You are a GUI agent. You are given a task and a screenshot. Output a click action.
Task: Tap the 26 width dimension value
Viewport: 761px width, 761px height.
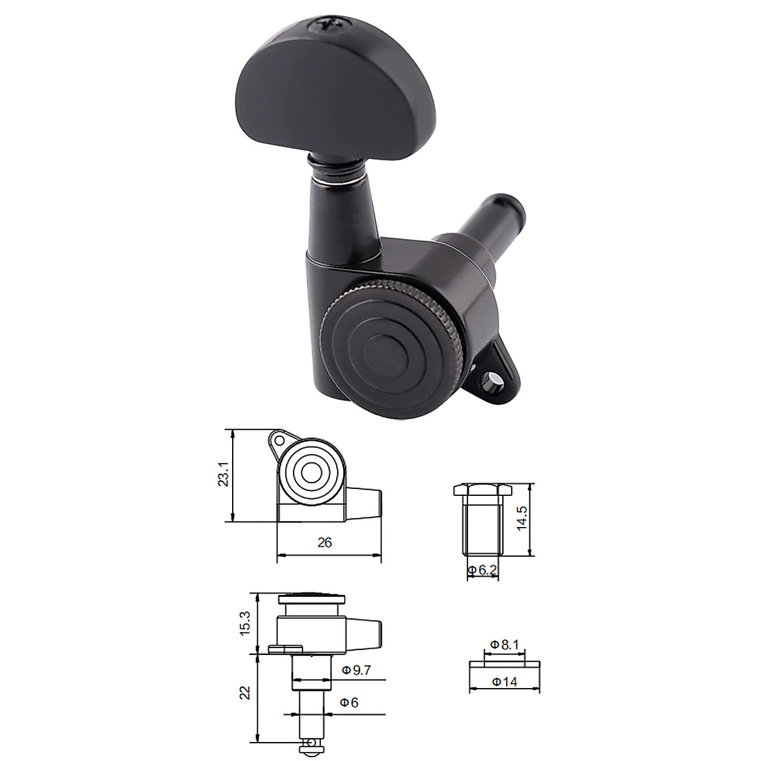pyautogui.click(x=325, y=543)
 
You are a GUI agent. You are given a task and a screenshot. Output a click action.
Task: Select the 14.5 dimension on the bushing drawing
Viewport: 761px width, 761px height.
pyautogui.click(x=521, y=519)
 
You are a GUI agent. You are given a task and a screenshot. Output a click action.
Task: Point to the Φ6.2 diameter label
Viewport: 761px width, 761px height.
pyautogui.click(x=482, y=571)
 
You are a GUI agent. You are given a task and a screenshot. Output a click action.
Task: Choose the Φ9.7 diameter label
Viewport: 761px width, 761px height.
pyautogui.click(x=356, y=670)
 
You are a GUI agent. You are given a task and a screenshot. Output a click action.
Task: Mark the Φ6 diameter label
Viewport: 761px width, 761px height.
pyautogui.click(x=349, y=703)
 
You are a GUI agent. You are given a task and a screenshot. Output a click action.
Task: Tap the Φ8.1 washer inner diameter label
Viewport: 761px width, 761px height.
pyautogui.click(x=505, y=644)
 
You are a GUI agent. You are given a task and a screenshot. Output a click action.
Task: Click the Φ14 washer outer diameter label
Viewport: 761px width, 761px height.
pyautogui.click(x=505, y=682)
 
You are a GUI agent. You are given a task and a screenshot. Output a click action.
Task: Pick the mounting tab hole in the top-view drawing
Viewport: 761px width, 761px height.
pyautogui.click(x=276, y=439)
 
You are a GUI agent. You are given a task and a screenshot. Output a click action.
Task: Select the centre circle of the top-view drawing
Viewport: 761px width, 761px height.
pyautogui.click(x=311, y=473)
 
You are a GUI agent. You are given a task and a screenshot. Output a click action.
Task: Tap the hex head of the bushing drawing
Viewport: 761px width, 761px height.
pyautogui.click(x=479, y=490)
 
